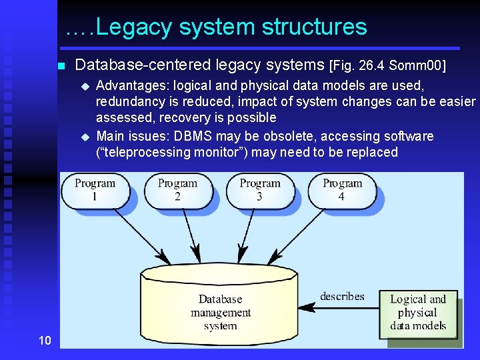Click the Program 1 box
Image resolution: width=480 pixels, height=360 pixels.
click(x=95, y=189)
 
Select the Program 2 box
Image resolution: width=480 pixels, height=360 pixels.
click(x=177, y=189)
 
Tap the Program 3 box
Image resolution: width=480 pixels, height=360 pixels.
click(x=259, y=189)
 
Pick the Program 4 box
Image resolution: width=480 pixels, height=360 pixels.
click(x=341, y=189)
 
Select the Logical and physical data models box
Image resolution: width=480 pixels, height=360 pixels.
click(x=417, y=313)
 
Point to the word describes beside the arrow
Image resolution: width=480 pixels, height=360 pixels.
click(x=342, y=296)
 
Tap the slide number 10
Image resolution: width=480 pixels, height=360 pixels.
click(x=45, y=341)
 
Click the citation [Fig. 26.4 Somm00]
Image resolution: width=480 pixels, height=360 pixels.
click(x=387, y=65)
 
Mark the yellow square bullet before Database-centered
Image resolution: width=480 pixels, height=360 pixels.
click(x=61, y=66)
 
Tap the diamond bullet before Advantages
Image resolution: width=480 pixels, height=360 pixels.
click(x=85, y=86)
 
